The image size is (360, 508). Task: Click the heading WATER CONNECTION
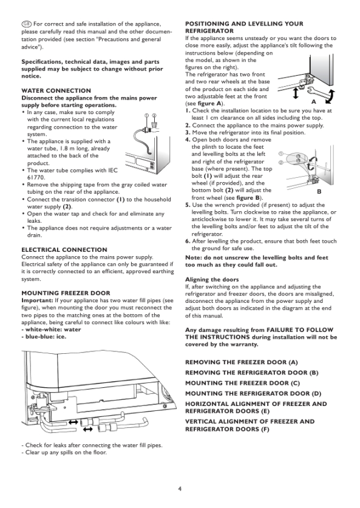[56, 90]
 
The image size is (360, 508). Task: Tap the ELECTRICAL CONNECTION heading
[64, 250]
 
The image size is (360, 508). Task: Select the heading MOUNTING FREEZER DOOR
[66, 293]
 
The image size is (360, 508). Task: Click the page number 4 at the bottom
[180, 489]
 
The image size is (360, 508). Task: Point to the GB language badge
[27, 24]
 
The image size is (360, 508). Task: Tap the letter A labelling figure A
[314, 102]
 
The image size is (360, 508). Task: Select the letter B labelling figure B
[319, 191]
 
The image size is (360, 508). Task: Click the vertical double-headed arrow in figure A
[295, 93]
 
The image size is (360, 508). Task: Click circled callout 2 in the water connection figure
[155, 115]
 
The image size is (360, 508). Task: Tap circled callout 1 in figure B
[280, 153]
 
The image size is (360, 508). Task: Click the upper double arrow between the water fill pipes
[73, 422]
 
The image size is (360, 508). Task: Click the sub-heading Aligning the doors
[212, 279]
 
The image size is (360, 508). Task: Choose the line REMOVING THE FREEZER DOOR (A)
[242, 362]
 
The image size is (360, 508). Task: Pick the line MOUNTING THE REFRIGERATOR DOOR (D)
[253, 394]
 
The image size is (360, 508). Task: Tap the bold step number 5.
[188, 205]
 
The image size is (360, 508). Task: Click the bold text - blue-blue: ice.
[44, 337]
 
